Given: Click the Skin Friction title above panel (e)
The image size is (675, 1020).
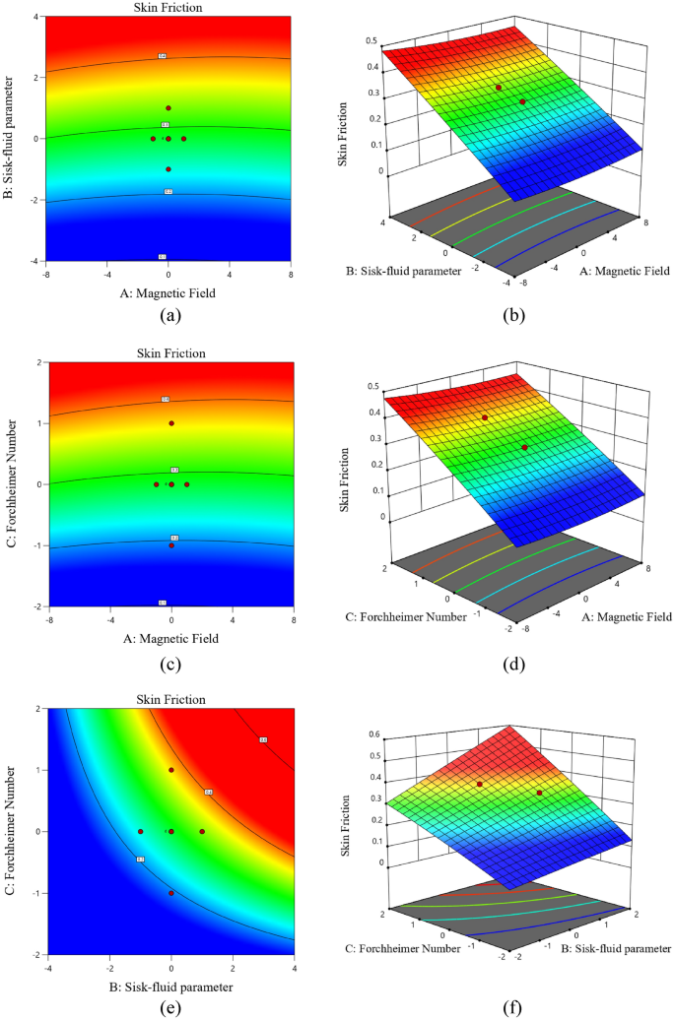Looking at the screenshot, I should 171,699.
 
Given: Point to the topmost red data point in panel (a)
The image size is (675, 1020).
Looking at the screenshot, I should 169,108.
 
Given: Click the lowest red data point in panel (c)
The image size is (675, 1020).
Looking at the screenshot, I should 171,545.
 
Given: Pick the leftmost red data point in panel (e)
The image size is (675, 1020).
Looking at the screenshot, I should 141,832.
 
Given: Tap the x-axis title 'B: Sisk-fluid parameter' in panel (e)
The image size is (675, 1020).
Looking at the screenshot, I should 171,985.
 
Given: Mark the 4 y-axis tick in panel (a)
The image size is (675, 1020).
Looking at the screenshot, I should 35,18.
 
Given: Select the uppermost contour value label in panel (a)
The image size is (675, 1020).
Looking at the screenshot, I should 163,57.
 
